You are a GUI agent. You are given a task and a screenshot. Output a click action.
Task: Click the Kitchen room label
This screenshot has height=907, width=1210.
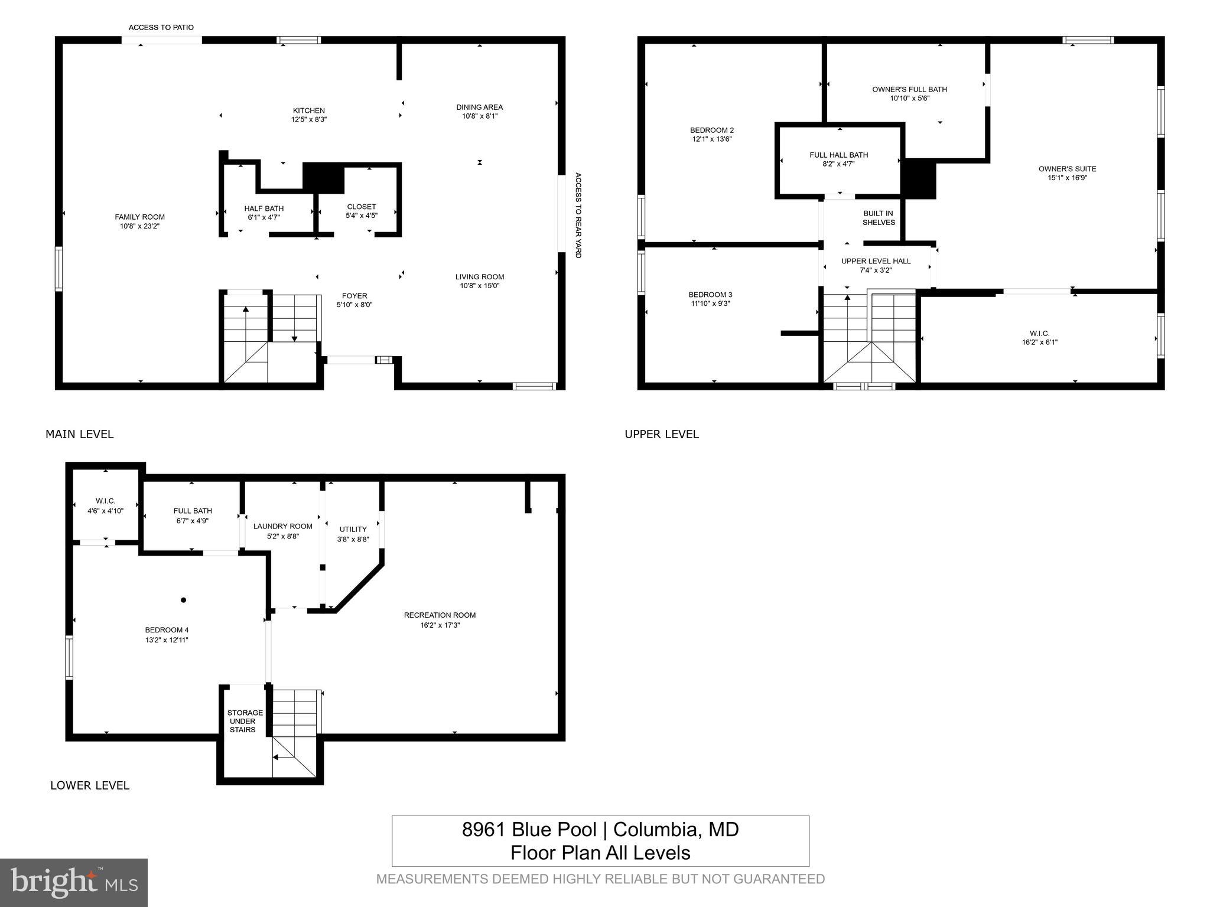pyautogui.click(x=308, y=110)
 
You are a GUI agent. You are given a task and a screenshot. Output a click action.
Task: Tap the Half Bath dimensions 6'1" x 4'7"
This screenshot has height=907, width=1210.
pyautogui.click(x=264, y=217)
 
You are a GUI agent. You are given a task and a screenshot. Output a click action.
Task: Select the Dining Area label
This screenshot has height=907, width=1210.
pyautogui.click(x=479, y=107)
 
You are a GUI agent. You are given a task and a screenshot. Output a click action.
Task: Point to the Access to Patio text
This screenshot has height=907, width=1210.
pyautogui.click(x=161, y=27)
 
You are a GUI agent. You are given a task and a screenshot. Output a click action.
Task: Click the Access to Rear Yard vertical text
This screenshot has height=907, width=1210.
pyautogui.click(x=578, y=215)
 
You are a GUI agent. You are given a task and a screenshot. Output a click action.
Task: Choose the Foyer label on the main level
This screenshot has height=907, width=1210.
pyautogui.click(x=354, y=296)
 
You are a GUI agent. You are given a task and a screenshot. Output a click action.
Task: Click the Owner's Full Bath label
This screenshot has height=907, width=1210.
pyautogui.click(x=909, y=89)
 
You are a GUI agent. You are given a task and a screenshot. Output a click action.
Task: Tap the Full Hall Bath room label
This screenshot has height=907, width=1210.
pyautogui.click(x=838, y=155)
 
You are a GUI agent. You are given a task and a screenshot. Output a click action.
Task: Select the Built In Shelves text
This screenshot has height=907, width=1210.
pyautogui.click(x=879, y=218)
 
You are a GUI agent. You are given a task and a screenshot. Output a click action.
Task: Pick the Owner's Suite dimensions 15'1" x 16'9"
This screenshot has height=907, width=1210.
pyautogui.click(x=1067, y=178)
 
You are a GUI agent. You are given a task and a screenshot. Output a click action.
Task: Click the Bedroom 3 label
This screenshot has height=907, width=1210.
pyautogui.click(x=710, y=295)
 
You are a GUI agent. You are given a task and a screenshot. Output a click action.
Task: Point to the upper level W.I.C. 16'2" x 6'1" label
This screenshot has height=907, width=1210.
pyautogui.click(x=1039, y=338)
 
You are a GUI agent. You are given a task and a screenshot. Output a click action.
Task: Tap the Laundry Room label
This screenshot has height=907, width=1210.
pyautogui.click(x=282, y=526)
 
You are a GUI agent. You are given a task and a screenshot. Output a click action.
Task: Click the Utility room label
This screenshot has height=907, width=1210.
pyautogui.click(x=353, y=529)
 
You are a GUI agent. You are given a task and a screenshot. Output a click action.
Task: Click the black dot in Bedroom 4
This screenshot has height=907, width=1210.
pyautogui.click(x=183, y=600)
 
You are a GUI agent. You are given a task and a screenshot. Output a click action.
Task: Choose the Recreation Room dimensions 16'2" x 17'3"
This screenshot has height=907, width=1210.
pyautogui.click(x=440, y=625)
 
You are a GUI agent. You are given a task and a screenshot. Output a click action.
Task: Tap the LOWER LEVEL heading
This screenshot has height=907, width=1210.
pyautogui.click(x=90, y=785)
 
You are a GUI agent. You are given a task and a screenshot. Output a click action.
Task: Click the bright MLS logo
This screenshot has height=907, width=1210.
pyautogui.click(x=73, y=882)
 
